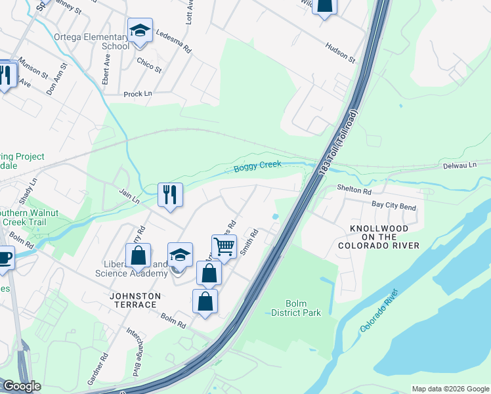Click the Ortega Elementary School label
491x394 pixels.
point(92,41)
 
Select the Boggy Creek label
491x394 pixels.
point(258,169)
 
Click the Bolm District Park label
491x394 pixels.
point(296,308)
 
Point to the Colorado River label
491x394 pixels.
point(379,310)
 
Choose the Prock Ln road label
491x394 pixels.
point(138,94)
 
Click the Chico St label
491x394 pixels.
point(150,64)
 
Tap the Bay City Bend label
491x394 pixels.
point(394,206)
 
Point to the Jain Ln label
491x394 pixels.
point(130,196)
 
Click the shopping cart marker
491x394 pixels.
point(224,247)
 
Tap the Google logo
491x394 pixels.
point(22,386)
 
